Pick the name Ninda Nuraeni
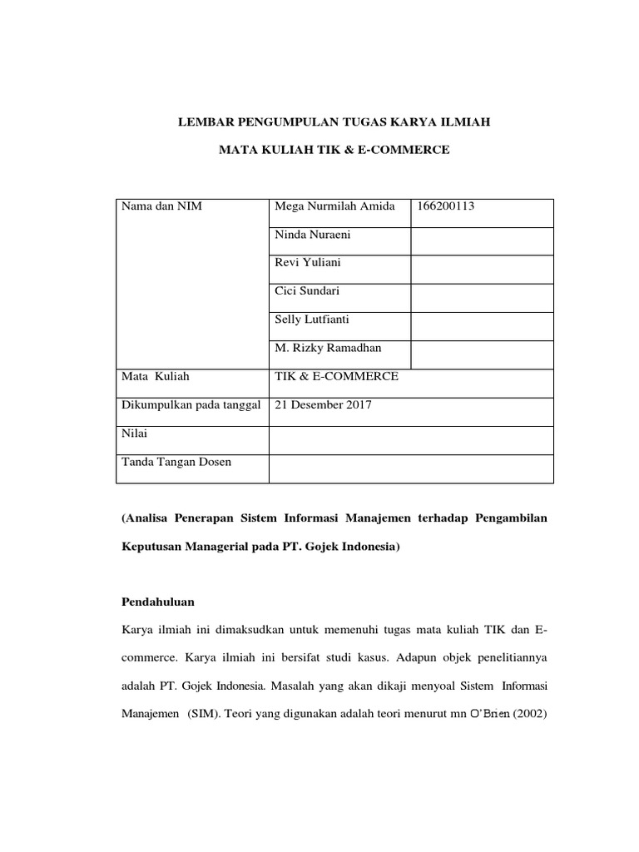[x=312, y=235]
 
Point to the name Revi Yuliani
[x=307, y=263]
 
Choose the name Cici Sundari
[x=307, y=291]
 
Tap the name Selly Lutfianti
[x=312, y=319]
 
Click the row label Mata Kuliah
[x=156, y=376]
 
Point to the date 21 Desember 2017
[x=323, y=405]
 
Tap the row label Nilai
[x=133, y=433]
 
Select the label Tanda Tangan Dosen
[x=176, y=462]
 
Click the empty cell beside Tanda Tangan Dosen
[x=410, y=468]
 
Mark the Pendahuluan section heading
[x=161, y=600]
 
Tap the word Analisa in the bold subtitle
[x=148, y=518]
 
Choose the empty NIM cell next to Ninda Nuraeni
[x=481, y=241]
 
